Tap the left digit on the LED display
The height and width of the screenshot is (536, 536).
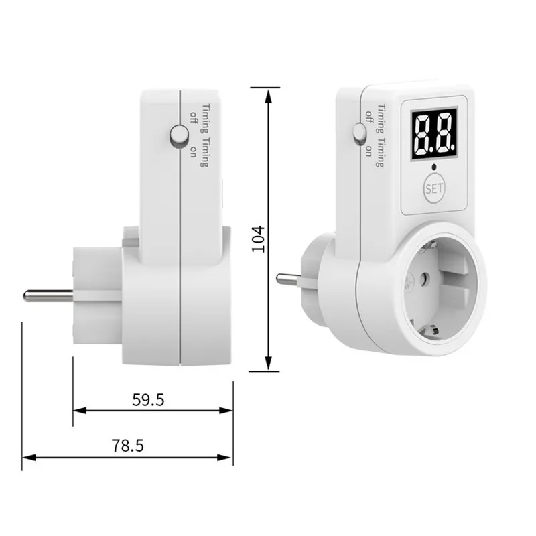tap(423, 133)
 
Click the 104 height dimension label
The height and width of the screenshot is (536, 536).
tap(259, 238)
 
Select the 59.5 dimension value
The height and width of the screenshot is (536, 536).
tap(148, 400)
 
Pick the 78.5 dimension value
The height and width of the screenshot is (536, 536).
tap(128, 445)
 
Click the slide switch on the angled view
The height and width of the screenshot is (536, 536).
tap(360, 133)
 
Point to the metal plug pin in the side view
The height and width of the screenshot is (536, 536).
tap(47, 295)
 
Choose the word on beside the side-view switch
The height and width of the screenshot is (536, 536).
tap(194, 150)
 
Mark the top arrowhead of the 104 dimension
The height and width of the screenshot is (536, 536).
tap(268, 94)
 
